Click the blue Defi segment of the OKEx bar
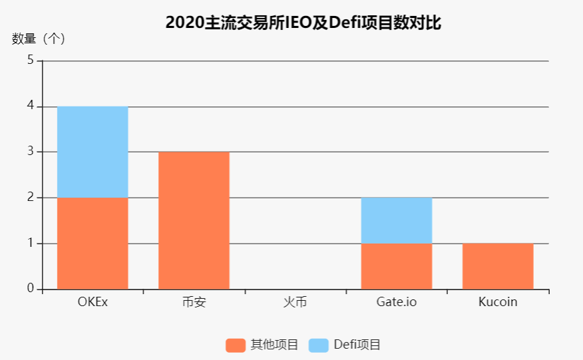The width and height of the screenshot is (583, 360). (93, 152)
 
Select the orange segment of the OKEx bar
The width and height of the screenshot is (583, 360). (93, 243)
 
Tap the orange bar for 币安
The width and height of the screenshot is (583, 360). (194, 220)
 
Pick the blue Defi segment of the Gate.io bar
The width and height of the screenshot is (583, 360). (397, 220)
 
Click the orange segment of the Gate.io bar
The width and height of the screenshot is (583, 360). (397, 266)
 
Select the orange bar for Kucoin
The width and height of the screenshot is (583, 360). (498, 266)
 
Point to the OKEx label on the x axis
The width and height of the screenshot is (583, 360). (93, 301)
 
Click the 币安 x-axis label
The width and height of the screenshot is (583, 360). (194, 301)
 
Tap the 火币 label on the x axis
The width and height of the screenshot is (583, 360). (295, 301)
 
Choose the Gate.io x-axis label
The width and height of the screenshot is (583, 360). (397, 301)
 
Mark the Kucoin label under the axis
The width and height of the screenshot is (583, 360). (498, 301)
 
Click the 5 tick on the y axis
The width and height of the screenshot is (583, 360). (31, 61)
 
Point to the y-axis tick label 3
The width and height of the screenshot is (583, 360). (31, 152)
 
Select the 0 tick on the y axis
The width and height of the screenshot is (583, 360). (31, 289)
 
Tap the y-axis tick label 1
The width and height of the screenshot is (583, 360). (31, 244)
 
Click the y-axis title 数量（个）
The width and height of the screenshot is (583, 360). (39, 39)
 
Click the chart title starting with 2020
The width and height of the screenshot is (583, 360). (303, 23)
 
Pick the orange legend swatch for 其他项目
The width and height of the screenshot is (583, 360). (236, 345)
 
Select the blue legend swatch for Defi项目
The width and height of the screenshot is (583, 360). (319, 345)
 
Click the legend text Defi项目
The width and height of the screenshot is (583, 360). (357, 345)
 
